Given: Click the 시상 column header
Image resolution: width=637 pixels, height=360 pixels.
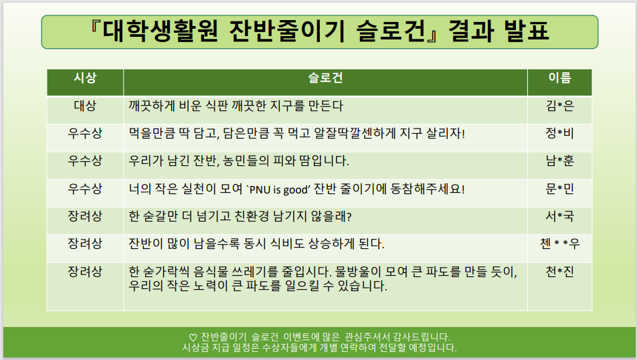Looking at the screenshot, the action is click(85, 78).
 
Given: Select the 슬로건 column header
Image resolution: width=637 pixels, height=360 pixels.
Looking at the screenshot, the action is click(325, 78).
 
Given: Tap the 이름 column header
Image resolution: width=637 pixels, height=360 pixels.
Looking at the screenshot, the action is click(560, 78).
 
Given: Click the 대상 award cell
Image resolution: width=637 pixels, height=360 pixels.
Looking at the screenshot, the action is click(85, 106).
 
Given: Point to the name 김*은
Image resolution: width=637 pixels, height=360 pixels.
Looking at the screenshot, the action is click(560, 106).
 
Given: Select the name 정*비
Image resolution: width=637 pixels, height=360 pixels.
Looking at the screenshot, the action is click(560, 133).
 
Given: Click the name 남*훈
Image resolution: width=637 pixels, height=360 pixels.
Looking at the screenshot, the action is click(560, 161).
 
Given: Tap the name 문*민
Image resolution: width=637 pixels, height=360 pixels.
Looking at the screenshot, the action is click(560, 189).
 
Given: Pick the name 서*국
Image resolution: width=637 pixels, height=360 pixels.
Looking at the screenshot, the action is click(560, 216).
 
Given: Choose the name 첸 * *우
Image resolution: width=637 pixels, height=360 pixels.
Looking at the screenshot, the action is click(560, 244).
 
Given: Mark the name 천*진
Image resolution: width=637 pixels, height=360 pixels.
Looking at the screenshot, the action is click(560, 272).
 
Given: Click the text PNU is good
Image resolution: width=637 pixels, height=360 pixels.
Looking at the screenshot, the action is click(278, 190).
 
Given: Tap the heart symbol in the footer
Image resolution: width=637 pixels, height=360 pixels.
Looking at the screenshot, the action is click(193, 338).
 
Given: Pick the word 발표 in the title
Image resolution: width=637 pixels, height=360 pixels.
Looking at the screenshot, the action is click(527, 31).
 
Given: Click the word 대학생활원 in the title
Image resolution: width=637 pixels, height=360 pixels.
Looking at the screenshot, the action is click(160, 31).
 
